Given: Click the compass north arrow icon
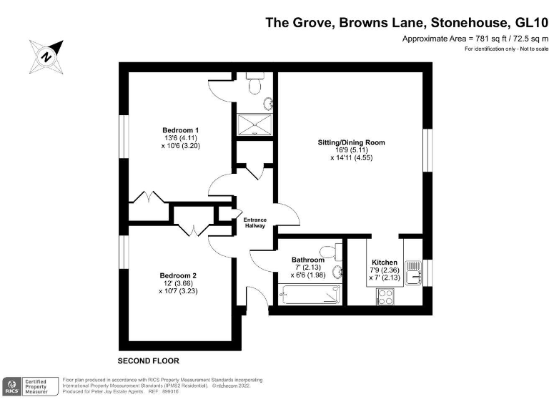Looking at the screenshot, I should (x=45, y=54).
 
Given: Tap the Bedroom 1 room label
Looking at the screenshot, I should (x=176, y=129).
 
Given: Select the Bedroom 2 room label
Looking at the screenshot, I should (x=178, y=275).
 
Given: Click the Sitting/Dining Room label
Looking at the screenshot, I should (x=351, y=142).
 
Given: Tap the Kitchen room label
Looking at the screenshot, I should (x=385, y=263).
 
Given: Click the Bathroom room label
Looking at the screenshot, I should (x=307, y=260).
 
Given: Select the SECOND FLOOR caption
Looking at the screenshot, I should (x=148, y=360).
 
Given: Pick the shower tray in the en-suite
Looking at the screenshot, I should (x=254, y=124).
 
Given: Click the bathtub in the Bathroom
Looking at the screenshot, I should (x=308, y=293).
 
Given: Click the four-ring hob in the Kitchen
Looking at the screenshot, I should (x=385, y=296).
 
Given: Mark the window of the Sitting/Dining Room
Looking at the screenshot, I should (x=427, y=150).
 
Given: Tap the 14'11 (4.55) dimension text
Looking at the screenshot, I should (x=351, y=157).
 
